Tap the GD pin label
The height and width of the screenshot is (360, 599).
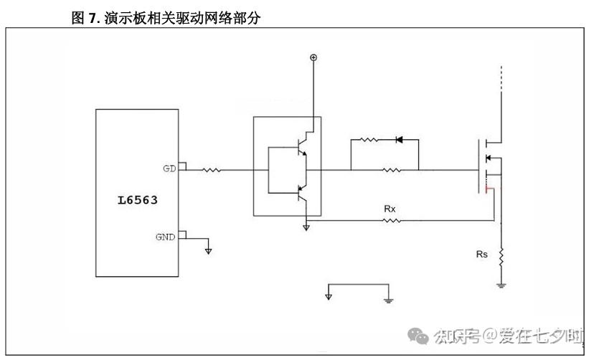click(169, 169)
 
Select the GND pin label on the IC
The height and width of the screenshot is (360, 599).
click(165, 237)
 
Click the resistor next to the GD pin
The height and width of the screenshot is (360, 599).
click(212, 171)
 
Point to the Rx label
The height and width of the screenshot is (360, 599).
click(390, 209)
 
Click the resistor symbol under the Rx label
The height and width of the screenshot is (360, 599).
click(391, 221)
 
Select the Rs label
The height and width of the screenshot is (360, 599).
click(482, 254)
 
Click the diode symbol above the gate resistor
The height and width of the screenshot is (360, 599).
click(400, 139)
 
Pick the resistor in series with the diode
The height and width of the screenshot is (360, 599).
click(368, 139)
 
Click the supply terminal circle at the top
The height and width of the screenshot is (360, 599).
click(313, 57)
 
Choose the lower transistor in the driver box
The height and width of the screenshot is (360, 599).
click(305, 191)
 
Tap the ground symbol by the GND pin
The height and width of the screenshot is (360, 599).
click(209, 250)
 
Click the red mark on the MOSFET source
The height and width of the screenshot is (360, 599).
click(489, 189)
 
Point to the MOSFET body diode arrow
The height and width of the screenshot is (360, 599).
click(489, 158)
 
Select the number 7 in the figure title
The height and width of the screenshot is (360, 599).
click(92, 19)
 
